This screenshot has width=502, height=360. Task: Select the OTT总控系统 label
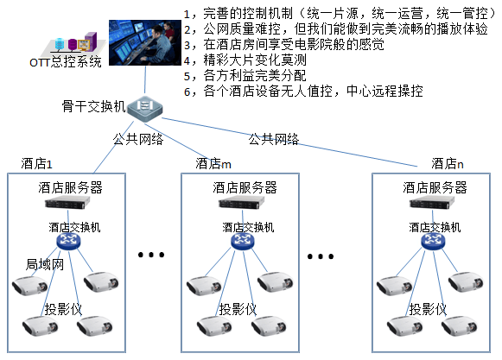coord(66,61)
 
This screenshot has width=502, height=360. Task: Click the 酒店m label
coord(213,163)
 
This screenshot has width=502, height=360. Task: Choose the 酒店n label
coord(448,163)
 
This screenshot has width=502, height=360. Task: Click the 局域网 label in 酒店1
coord(45,265)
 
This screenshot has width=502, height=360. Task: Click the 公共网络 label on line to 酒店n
coord(273,138)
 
